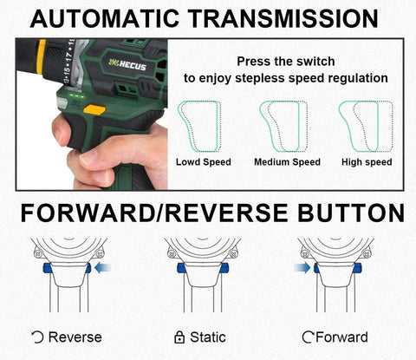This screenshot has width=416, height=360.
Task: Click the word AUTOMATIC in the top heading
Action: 104,18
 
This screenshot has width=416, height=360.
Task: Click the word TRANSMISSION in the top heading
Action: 283,18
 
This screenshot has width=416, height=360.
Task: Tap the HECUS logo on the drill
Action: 127,64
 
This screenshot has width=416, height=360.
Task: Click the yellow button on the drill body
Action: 94,110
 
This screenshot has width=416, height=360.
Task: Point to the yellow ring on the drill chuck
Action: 42,57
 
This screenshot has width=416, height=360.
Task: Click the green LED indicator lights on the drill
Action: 77,95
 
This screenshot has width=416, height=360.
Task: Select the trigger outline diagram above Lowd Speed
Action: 199,126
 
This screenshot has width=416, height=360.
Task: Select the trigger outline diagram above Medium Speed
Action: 283,126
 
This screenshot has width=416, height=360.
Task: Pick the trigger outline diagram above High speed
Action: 366,126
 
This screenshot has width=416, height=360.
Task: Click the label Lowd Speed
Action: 204,162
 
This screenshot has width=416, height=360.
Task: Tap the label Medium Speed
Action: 287,162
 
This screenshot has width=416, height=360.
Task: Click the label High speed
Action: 367,162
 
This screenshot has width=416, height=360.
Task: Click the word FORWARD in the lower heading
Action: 88,213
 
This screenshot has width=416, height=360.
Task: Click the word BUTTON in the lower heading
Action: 351,213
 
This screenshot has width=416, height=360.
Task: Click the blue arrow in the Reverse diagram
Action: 103,267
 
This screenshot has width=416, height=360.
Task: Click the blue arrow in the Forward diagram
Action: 302,267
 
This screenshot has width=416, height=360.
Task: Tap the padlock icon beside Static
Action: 179,337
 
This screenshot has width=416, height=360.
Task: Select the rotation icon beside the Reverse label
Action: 38,337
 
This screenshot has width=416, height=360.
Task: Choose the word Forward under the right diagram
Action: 341,337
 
